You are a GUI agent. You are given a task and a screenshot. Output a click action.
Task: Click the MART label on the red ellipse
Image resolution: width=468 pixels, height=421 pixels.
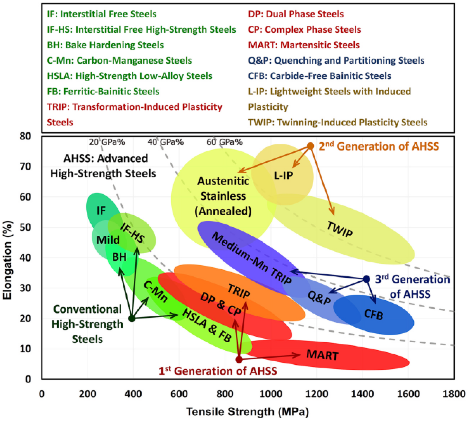[322, 355]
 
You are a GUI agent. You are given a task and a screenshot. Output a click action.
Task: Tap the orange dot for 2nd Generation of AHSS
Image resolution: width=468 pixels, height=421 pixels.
[310, 146]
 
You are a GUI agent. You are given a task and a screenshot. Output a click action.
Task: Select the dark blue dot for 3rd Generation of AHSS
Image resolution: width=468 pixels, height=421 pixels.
[366, 279]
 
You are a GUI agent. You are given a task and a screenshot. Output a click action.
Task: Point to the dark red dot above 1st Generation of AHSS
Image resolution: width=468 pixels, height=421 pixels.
[239, 359]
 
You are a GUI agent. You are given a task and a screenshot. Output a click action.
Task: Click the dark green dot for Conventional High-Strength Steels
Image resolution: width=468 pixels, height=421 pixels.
[132, 318]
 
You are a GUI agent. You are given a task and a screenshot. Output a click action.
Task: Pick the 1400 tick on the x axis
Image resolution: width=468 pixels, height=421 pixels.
[362, 394]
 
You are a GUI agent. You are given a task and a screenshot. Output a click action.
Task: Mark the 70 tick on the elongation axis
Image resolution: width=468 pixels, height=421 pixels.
[25, 167]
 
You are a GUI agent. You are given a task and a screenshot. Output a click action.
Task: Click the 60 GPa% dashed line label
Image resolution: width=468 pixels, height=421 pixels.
[224, 142]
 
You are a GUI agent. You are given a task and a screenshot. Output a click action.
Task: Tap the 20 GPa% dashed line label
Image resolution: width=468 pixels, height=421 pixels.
[107, 142]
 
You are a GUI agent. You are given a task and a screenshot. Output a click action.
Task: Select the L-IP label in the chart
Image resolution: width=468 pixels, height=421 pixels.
[284, 175]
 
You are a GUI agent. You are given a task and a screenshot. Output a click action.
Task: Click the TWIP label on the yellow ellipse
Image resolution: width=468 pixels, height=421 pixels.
[339, 229]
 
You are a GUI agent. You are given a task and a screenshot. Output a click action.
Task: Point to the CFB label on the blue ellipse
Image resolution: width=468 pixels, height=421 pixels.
[373, 314]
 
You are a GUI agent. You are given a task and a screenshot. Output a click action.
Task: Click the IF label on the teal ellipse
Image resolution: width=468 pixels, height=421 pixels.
[101, 211]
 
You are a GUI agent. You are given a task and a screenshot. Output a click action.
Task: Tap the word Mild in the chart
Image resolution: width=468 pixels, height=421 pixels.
[108, 240]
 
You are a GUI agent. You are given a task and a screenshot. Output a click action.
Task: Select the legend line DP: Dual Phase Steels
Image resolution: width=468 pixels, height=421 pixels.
[296, 14]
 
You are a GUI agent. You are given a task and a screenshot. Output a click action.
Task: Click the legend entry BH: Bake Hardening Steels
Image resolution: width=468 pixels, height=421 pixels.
[105, 45]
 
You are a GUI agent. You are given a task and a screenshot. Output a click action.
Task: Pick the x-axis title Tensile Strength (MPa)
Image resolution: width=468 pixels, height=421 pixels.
[247, 412]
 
